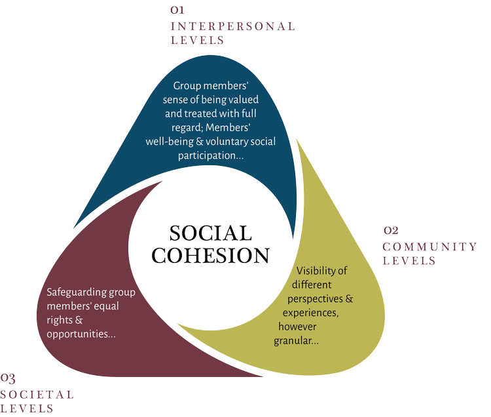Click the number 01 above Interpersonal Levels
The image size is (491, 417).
pos(177,10)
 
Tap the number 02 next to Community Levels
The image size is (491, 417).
pos(391,231)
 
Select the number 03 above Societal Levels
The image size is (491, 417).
pos(8,378)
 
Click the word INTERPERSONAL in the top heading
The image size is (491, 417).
pos(232,27)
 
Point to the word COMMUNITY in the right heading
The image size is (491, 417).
pos(429,247)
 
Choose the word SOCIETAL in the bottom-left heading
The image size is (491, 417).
pos(37,394)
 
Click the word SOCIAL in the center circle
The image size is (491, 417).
pos(210,233)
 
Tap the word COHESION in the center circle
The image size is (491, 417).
pos(211,255)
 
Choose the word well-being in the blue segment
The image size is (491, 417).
pos(170,142)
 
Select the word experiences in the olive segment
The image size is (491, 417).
pos(310,313)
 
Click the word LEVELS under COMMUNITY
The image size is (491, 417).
pos(409,261)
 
